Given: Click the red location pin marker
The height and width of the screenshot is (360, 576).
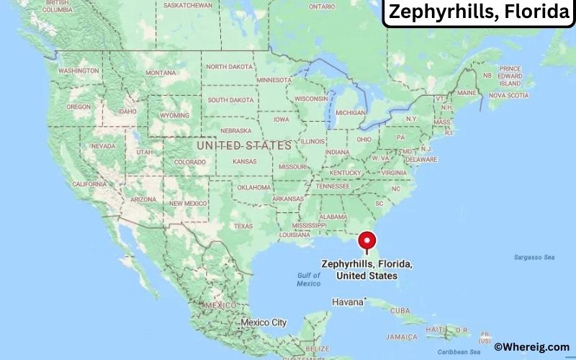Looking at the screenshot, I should tap(367, 240).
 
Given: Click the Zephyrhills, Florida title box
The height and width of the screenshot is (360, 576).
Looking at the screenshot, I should tap(477, 13).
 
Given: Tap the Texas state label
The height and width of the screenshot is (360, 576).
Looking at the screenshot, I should tap(243, 226).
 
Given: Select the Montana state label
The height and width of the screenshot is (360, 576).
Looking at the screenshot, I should tap(160, 73).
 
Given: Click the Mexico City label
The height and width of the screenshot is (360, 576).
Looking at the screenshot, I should tap(264, 322).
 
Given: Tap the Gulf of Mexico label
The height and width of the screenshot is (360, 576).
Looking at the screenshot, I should tap(308, 279).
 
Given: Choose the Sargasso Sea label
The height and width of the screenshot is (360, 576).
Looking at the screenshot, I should tap(534, 257).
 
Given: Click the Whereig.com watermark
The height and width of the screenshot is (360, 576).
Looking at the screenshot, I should tap(532, 347).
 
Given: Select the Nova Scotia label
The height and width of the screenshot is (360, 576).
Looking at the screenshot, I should tap(508, 95).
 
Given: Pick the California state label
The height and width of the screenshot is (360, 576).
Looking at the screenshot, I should tap(89, 184).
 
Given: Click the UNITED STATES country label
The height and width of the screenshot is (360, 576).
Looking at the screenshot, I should tap(244, 145).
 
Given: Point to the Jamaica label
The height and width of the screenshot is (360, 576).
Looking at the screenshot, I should tap(400, 336).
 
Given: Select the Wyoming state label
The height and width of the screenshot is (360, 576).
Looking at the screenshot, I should tap(174, 115).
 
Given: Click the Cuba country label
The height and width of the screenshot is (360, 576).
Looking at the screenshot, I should tap(400, 310).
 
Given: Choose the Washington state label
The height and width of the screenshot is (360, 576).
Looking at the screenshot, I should tap(78, 71).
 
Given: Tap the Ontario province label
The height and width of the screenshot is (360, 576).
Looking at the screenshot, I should tap(322, 6).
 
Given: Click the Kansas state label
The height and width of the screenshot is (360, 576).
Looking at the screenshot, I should tap(245, 161).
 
